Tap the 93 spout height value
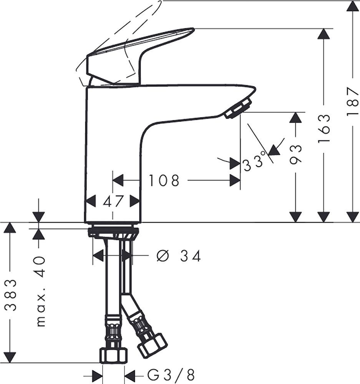pos(295,155)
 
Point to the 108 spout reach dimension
pos(164,180)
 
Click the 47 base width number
pos(113,201)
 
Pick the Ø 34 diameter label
pos(179,256)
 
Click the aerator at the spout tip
pos(238,108)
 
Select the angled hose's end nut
pos(152,345)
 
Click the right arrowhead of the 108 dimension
pos(235,180)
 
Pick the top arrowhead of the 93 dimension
pos(295,118)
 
